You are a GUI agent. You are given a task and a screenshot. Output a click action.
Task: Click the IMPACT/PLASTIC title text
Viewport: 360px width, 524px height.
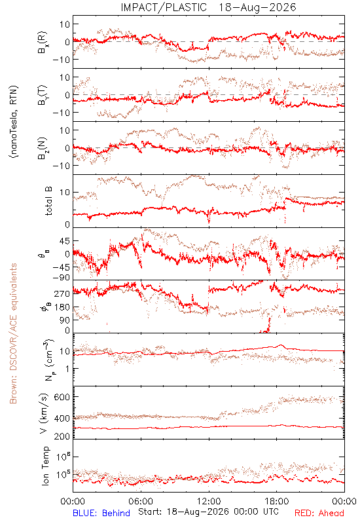pos(164,7)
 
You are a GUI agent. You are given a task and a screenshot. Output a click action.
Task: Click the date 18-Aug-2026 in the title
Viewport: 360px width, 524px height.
pos(257,7)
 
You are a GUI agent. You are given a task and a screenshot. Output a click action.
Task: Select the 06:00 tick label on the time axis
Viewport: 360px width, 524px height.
pos(141,501)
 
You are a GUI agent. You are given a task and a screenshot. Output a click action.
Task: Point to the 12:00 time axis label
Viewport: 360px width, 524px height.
pos(209,501)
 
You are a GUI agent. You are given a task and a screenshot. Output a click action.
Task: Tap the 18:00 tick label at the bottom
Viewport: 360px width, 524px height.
pos(277,501)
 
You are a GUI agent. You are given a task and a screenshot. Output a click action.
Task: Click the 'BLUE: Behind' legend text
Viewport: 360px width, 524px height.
pos(101,513)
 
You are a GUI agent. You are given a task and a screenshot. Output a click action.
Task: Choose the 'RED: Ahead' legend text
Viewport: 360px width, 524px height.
pos(319,513)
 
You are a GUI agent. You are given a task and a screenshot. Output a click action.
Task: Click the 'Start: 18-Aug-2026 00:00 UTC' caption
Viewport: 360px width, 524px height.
pos(208,512)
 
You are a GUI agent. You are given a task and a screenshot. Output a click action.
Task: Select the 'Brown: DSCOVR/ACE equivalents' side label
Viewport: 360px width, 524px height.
pos(13,333)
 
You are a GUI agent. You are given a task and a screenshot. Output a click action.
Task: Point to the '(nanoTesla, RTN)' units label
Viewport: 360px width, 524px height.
pos(14,122)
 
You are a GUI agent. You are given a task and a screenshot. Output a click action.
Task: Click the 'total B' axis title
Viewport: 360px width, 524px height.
pos(48,201)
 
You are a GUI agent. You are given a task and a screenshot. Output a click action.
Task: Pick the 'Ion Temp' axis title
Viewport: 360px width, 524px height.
pos(45,466)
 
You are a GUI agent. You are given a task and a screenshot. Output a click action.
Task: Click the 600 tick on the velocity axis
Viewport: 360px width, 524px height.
pos(62,397)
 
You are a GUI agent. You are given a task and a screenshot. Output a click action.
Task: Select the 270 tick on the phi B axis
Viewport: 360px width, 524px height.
pos(62,293)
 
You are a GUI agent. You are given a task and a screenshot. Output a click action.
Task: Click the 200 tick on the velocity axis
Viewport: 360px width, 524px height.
pos(62,436)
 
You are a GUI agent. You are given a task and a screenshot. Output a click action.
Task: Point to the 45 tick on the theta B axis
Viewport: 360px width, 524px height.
pos(64,241)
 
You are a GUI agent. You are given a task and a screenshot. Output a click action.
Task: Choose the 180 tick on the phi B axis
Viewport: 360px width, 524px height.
pos(62,307)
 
